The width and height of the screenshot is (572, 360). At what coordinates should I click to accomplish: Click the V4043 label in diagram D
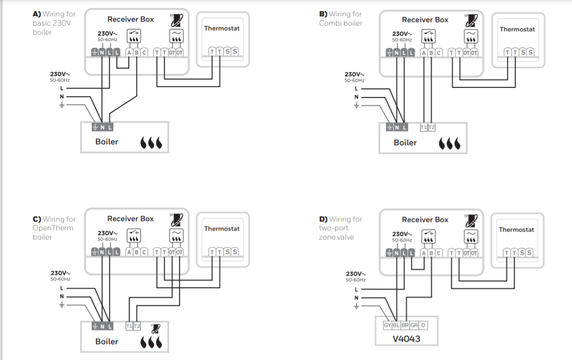pyautogui.click(x=407, y=339)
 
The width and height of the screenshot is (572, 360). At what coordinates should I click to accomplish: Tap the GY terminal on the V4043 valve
pyautogui.click(x=387, y=325)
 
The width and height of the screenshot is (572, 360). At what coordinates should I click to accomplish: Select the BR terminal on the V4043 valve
pyautogui.click(x=405, y=325)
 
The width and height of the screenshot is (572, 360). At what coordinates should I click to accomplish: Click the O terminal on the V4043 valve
pyautogui.click(x=423, y=325)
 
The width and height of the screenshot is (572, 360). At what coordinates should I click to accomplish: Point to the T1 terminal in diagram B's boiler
pyautogui.click(x=423, y=127)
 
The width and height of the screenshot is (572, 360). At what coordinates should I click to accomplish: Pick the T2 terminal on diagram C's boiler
pyautogui.click(x=137, y=326)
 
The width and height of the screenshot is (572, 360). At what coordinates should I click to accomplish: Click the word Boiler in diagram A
pyautogui.click(x=107, y=142)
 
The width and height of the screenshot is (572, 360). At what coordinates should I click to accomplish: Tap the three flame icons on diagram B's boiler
pyautogui.click(x=449, y=143)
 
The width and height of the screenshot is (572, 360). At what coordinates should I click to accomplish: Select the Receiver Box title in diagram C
pyautogui.click(x=130, y=219)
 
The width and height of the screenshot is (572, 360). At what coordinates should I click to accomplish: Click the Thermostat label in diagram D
pyautogui.click(x=517, y=230)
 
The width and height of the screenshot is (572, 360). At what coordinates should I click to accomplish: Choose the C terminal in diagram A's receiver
pyautogui.click(x=144, y=52)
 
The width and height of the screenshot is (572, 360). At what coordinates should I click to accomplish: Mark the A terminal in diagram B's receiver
pyautogui.click(x=423, y=53)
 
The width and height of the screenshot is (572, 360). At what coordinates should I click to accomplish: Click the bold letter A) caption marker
pyautogui.click(x=37, y=14)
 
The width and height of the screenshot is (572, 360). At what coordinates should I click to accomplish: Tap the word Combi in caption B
pyautogui.click(x=329, y=23)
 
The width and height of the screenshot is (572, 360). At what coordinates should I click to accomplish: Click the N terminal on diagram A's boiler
pyautogui.click(x=103, y=127)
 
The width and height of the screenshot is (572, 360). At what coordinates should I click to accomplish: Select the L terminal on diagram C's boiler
pyautogui.click(x=110, y=326)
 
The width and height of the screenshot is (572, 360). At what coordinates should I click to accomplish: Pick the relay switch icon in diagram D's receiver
pyautogui.click(x=428, y=236)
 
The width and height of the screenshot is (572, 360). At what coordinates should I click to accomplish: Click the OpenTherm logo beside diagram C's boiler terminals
pyautogui.click(x=155, y=327)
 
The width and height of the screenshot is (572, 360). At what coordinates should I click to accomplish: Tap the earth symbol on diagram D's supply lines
pyautogui.click(x=357, y=306)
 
